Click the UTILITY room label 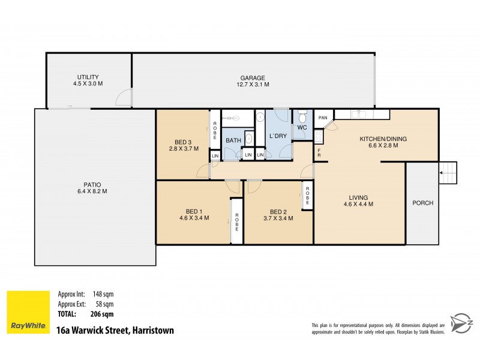pos(88,77)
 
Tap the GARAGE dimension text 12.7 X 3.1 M pos(253,85)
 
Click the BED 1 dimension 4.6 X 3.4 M pos(194,218)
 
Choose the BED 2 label pos(278,211)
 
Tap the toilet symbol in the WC pos(302,115)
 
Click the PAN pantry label pos(322,118)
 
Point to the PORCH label pos(422,203)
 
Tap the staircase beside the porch pos(448,174)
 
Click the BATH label pos(233,141)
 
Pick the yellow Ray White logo pos(28,312)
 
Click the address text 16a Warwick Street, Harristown pos(115,330)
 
